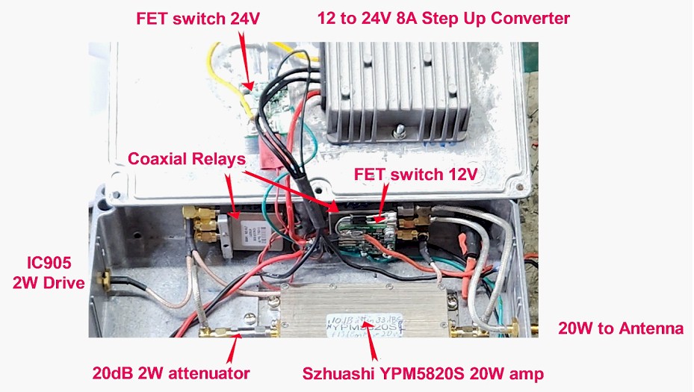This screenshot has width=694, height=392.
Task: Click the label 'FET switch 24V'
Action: (198, 19)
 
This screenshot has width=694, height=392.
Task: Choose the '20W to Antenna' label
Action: (621, 328)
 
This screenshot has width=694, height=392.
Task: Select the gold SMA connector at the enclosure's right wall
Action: (515, 329)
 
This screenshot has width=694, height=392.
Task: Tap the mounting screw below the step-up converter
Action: (400, 132)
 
